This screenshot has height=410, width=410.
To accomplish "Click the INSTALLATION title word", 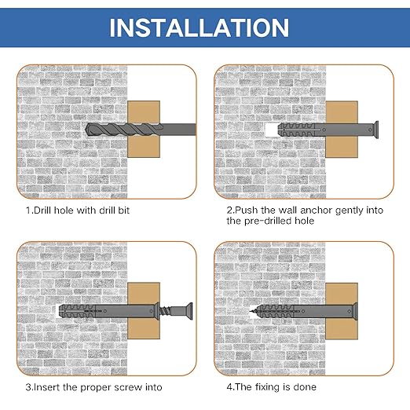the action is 199,27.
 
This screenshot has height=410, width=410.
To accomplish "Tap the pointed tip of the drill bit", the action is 86,130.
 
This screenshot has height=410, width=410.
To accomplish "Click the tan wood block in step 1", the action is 144,129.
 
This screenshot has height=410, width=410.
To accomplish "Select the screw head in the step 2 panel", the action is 375,130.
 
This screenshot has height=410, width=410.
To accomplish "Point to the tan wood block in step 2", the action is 342,129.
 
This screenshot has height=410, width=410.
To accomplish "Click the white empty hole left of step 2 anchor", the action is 271,130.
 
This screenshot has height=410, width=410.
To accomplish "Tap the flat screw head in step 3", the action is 190,311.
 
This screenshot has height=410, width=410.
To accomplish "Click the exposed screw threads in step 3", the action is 165,311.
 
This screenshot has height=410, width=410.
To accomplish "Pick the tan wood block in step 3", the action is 144,310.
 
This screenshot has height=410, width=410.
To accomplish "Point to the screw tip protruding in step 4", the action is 252,312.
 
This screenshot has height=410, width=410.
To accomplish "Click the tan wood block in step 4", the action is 342,311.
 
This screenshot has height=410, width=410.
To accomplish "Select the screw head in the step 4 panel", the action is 355,311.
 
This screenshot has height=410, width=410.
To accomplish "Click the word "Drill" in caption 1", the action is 42,210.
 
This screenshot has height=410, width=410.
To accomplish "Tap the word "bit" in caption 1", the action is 124,210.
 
